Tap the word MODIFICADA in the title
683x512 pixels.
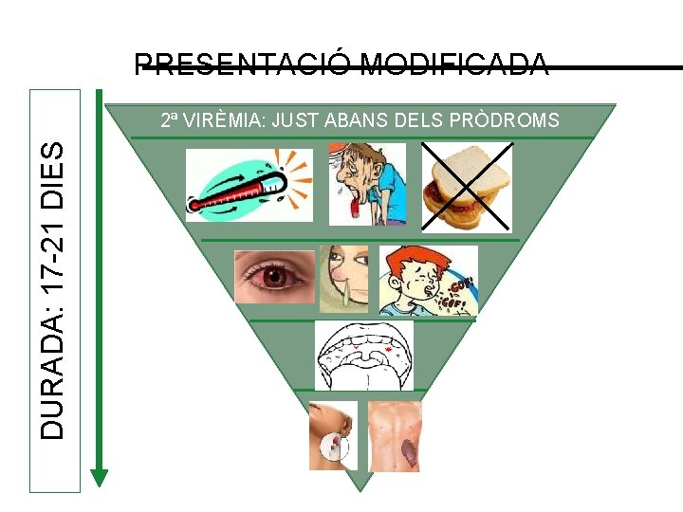[454, 65]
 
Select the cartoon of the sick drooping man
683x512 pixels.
[367, 184]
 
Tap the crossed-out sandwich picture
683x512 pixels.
[467, 184]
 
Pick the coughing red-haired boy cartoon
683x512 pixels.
[428, 281]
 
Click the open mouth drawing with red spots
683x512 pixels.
[364, 355]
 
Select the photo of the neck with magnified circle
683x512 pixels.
[333, 436]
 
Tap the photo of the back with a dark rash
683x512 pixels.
[395, 436]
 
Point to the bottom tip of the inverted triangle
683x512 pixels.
[360, 489]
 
